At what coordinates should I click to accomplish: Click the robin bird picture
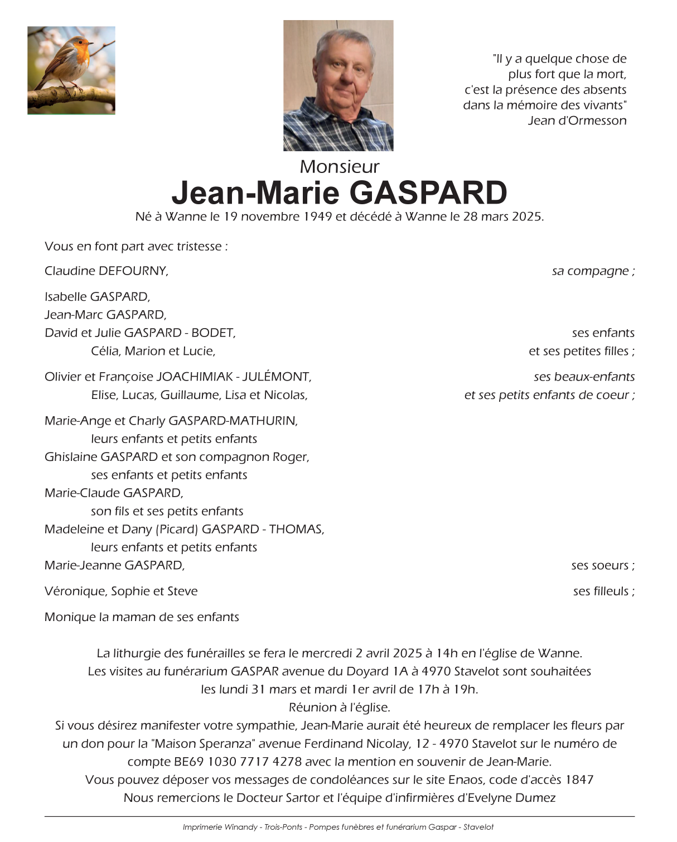pos(71,70)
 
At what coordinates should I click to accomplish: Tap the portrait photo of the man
pos(338,85)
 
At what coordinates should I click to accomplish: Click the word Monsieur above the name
pos(339,166)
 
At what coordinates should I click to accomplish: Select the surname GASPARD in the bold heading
pos(428,193)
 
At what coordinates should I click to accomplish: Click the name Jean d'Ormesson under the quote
pos(577,121)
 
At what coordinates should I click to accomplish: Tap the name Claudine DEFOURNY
pos(106,271)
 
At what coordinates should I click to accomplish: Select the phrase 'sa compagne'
pos(590,271)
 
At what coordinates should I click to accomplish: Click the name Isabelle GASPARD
pos(97,297)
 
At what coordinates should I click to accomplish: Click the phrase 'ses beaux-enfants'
pos(584,377)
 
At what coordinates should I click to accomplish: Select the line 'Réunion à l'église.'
pos(339,708)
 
